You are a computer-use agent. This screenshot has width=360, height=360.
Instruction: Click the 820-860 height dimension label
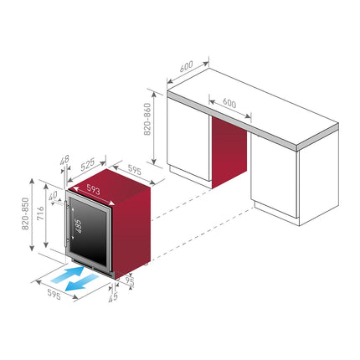pyautogui.click(x=147, y=119)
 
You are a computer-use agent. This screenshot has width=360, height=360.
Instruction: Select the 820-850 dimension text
pyautogui.click(x=25, y=213)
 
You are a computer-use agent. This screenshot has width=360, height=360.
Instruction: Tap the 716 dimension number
pyautogui.click(x=41, y=213)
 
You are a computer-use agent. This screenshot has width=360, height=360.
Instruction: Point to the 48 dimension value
pyautogui.click(x=64, y=160)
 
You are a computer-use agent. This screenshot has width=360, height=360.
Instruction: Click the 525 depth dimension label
pyautogui.click(x=88, y=164)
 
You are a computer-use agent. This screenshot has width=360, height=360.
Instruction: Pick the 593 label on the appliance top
pyautogui.click(x=93, y=189)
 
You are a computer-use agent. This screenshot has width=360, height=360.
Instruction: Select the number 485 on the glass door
pyautogui.click(x=78, y=226)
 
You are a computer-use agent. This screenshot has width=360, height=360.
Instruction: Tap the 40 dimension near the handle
pyautogui.click(x=53, y=195)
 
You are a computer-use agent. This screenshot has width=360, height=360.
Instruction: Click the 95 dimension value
pyautogui.click(x=130, y=281)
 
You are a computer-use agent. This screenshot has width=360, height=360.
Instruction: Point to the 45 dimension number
pyautogui.click(x=113, y=297)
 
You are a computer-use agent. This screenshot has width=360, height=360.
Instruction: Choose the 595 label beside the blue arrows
pyautogui.click(x=54, y=294)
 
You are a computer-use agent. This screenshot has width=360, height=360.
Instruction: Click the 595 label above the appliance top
pyautogui.click(x=135, y=170)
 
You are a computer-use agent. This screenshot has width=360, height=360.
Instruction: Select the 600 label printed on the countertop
pyautogui.click(x=229, y=103)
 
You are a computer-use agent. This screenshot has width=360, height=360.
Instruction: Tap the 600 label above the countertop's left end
pyautogui.click(x=186, y=66)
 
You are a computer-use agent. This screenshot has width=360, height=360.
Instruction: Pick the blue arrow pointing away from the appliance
pyautogui.click(x=82, y=283)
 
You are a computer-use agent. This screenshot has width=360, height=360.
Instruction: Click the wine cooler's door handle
pyautogui.click(x=66, y=224)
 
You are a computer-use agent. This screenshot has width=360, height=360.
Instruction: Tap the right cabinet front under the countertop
pyautogui.click(x=274, y=175)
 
